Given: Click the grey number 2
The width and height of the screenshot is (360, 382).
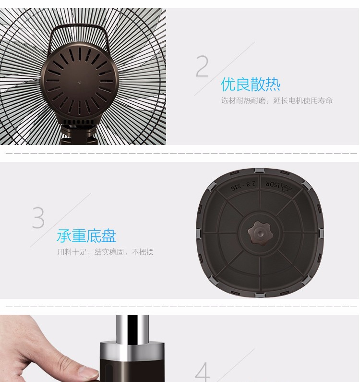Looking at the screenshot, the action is pos(202,66).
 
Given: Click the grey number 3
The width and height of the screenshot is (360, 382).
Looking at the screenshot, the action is pos(38,217).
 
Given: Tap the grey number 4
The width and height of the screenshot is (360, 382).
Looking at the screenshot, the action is pos(203,372).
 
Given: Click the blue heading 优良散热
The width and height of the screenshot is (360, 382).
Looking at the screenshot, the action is pos(251,84).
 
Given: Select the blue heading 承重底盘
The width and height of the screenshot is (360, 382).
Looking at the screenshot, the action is pos(86,235).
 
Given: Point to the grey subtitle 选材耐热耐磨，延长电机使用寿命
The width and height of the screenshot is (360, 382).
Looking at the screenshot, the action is pos(277,100).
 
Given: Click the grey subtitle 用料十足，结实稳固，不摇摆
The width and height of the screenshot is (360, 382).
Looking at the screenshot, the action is pos(106,252).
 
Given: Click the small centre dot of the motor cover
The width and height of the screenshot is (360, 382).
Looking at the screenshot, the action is pos(79,82).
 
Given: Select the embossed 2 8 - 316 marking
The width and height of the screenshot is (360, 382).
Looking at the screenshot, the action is pos(243,185).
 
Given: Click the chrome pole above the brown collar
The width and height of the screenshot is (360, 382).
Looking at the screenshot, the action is pos(132,329).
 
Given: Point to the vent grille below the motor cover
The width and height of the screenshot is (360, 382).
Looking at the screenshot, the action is pos(79,122).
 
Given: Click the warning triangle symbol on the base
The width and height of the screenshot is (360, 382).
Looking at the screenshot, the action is pos(286,187).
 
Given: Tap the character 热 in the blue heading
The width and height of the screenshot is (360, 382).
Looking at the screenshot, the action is pos(273,84).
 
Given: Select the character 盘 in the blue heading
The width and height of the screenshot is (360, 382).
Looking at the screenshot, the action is pos(109,235).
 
